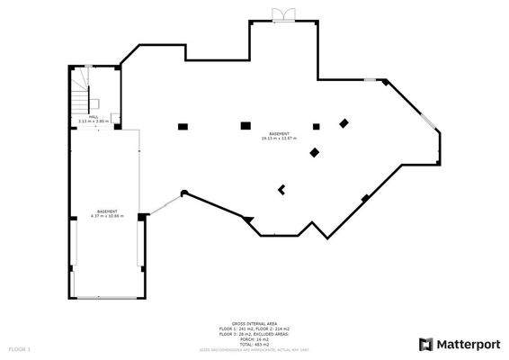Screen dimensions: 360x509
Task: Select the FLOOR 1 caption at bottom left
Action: [19, 347]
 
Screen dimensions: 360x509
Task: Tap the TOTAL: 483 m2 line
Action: [254, 343]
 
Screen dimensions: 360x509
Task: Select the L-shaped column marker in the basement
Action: [282, 189]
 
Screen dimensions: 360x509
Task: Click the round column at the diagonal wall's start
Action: [183, 192]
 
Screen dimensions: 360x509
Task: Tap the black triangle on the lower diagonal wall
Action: [249, 220]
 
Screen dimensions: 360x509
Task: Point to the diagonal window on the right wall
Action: [429, 117]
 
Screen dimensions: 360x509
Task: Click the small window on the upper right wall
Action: [371, 81]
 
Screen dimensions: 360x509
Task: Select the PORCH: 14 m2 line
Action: [254, 338]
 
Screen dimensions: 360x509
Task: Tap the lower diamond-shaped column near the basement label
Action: [314, 153]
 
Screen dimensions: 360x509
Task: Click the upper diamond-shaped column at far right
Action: [343, 122]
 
